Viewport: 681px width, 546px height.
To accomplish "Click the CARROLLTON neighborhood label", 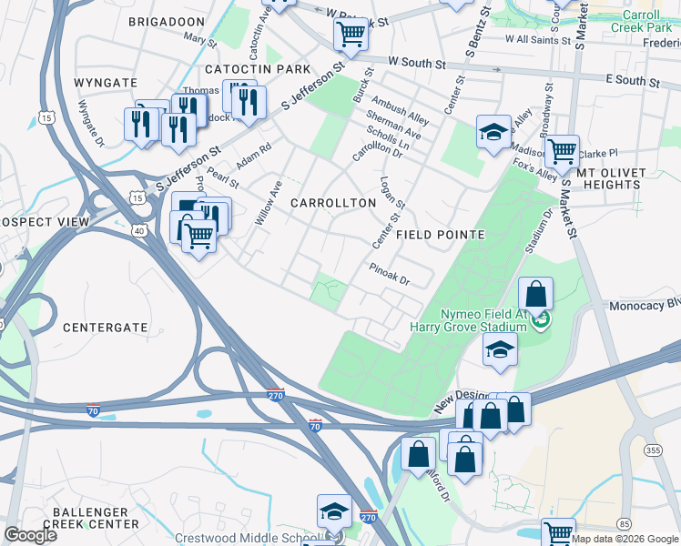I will point(333,203).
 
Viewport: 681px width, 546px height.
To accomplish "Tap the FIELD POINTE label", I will point(440,235).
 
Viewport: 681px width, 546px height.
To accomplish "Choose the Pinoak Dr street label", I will point(390,273).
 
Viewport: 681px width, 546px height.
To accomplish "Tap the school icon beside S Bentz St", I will point(493,131).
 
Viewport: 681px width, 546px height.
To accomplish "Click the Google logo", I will point(30,534).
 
